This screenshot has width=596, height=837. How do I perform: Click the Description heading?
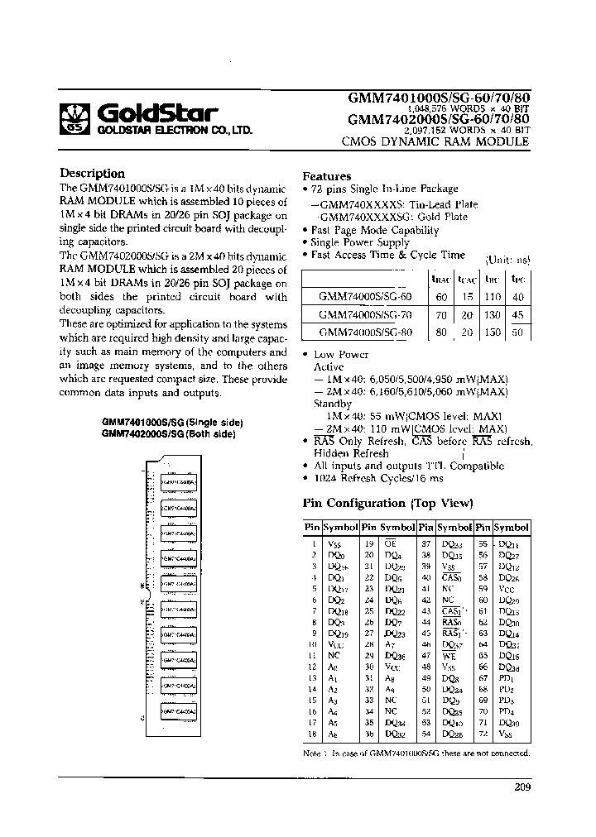[x=92, y=174]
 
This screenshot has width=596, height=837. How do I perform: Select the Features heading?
[x=326, y=176]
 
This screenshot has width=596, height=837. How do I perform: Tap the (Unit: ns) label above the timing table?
[x=507, y=260]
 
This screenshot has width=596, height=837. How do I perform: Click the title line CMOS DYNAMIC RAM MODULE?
[x=435, y=142]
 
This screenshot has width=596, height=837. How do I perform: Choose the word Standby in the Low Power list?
[x=333, y=404]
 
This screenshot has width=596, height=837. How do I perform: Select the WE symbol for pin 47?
[x=450, y=654]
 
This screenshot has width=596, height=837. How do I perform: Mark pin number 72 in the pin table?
[x=483, y=734]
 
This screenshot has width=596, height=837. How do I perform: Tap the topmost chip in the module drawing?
[x=177, y=480]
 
